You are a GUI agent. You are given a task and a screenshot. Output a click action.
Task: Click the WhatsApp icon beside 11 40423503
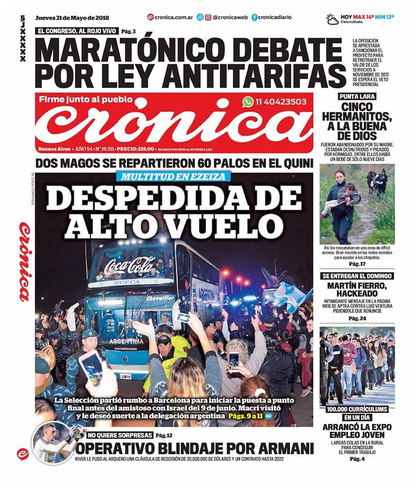click(248, 102)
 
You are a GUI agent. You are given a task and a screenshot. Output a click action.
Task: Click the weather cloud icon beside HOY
click(332, 19)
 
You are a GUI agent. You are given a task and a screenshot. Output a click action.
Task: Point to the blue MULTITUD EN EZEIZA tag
click(174, 177)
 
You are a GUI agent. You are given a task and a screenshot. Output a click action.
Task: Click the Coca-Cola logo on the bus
click(130, 266)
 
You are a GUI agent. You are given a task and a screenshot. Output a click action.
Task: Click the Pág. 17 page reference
click(357, 263)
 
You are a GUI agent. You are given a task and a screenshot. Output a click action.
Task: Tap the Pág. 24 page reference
click(357, 318)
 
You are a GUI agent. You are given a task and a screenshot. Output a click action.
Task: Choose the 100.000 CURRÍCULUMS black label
click(357, 409)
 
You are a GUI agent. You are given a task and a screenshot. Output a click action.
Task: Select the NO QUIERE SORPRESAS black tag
click(119, 435)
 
